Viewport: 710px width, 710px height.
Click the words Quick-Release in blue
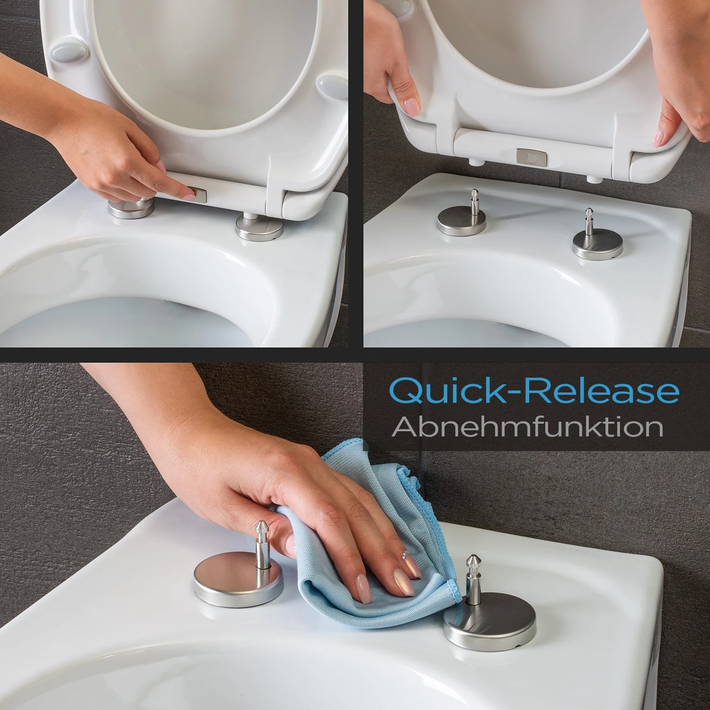534,391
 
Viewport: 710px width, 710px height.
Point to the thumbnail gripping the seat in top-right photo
410,107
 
